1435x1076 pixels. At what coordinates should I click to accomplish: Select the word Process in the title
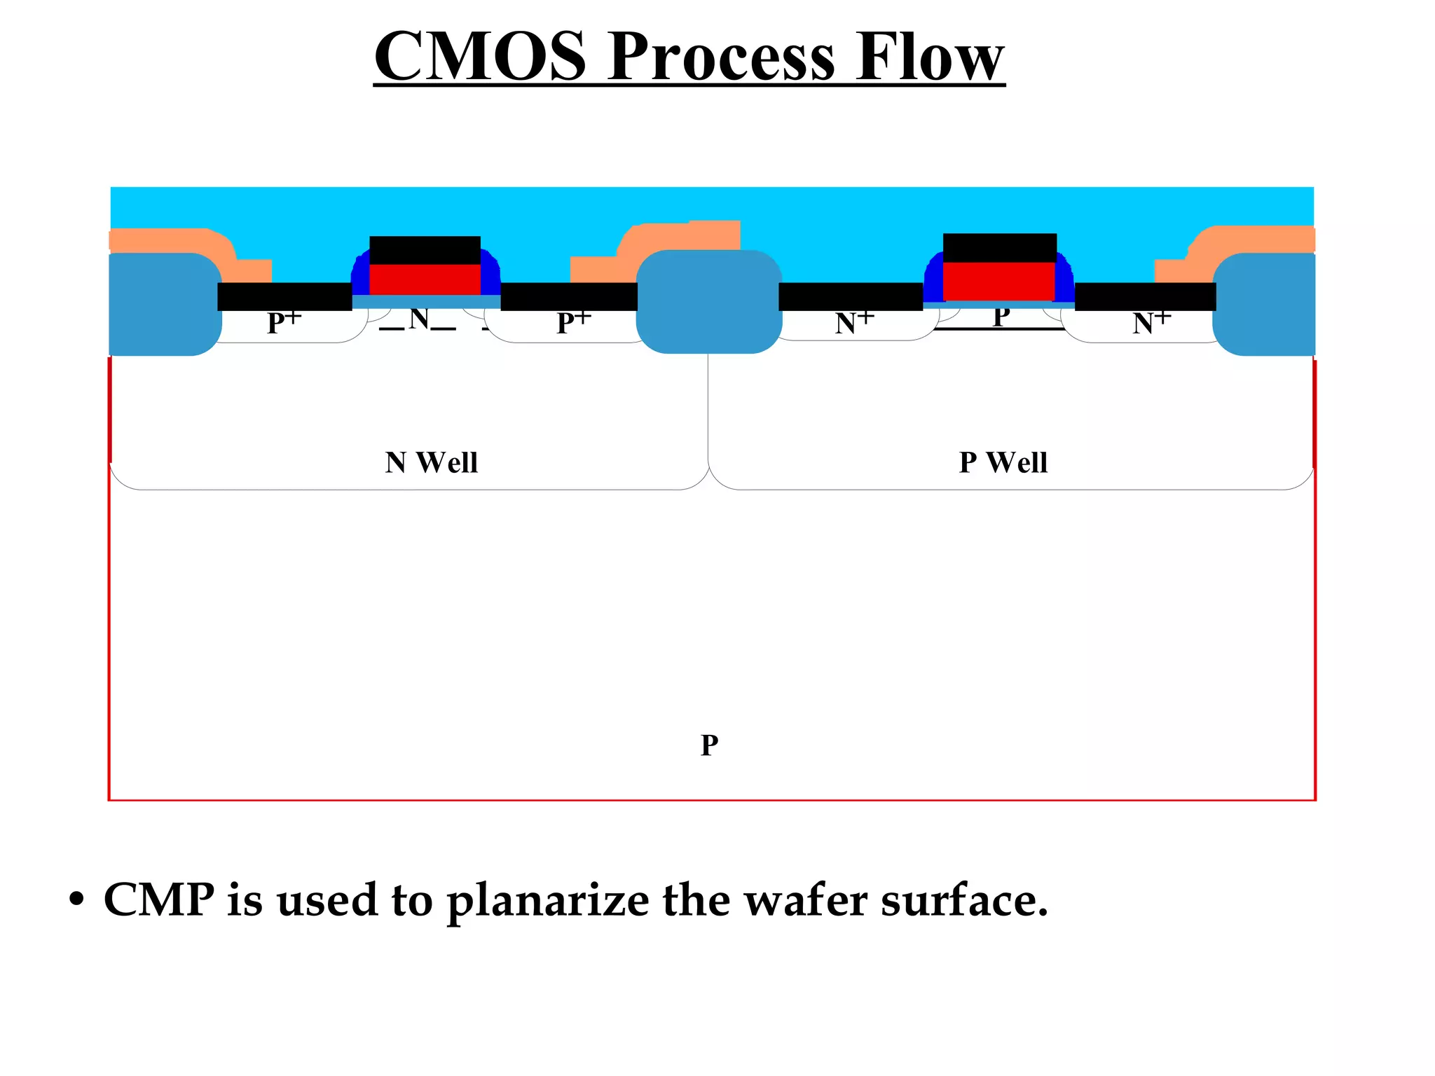722,57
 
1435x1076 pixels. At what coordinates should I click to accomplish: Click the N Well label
431,462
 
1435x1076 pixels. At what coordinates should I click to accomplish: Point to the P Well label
1003,462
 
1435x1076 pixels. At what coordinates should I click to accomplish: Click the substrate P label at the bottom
709,745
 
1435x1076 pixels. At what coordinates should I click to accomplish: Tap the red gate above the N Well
425,280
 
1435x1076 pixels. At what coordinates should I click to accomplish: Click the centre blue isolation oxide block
708,301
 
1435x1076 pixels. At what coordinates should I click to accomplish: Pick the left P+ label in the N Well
284,323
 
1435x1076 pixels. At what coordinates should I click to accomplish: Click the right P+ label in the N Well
573,323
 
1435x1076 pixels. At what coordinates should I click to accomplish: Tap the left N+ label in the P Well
854,323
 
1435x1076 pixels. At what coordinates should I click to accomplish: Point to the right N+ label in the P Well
1151,323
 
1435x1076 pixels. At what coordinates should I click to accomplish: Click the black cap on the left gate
425,250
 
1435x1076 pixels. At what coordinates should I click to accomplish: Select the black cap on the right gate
999,247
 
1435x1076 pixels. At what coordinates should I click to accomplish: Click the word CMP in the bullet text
159,899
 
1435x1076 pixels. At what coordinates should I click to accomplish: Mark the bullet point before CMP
76,899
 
